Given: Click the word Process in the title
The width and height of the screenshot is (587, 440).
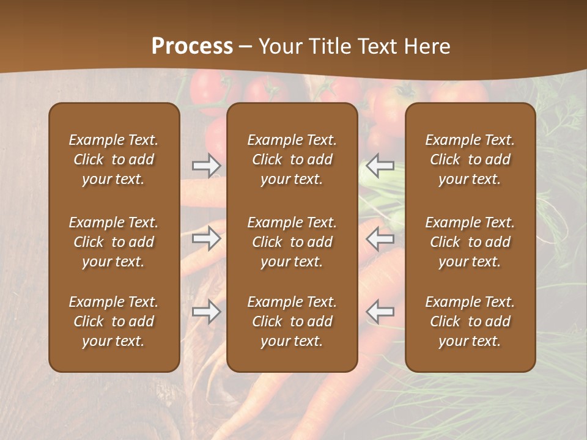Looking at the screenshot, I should (x=192, y=46).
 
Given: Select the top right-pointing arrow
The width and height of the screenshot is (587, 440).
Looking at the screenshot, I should (x=206, y=166).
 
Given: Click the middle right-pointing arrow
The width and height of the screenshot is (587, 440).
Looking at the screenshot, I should (x=206, y=238).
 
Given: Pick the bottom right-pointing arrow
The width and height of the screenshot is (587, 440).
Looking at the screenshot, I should (x=206, y=312).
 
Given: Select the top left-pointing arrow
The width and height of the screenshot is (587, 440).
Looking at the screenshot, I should (x=380, y=166).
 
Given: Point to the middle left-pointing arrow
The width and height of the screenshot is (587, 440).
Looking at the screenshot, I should (x=380, y=238).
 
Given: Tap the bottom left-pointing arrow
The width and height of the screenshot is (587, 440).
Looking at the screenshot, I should (x=380, y=312).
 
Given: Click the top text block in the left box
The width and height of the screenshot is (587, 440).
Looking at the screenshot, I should (x=114, y=159).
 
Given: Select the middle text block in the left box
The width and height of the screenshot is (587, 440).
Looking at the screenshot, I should (x=114, y=242).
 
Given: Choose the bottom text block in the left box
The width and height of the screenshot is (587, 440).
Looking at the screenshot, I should (x=114, y=321).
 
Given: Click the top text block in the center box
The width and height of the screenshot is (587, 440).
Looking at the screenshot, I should (x=292, y=159).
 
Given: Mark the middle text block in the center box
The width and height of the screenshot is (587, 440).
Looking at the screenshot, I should (x=292, y=242).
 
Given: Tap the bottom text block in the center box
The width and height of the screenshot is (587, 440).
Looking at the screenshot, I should (x=292, y=321).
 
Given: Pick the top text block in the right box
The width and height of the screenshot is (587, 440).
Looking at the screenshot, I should (x=470, y=159).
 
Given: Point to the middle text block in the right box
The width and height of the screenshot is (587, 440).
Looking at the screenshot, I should (x=470, y=242).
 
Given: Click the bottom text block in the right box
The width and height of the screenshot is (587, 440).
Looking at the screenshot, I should (x=470, y=321).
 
